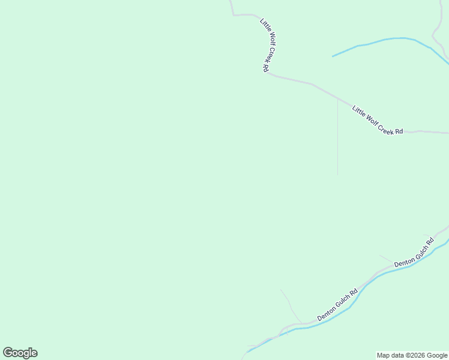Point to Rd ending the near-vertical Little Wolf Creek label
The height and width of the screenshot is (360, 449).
(x=265, y=68)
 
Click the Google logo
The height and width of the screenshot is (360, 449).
(x=20, y=353)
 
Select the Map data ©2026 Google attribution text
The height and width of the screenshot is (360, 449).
(x=412, y=355)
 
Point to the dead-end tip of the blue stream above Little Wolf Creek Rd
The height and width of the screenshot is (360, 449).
(x=333, y=56)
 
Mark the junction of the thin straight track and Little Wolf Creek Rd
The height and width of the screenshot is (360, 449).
(x=337, y=100)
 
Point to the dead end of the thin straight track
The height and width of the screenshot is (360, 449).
(x=337, y=175)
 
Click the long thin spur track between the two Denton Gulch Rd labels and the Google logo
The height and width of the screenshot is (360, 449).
(x=291, y=307)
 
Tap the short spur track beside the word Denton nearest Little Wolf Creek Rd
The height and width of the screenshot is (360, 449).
(x=386, y=259)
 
